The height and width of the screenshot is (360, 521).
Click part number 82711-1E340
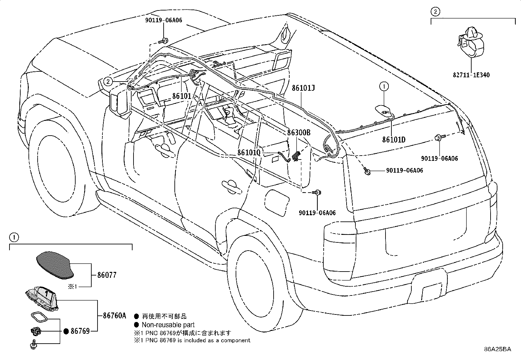(471, 75)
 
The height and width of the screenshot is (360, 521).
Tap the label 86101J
(303, 88)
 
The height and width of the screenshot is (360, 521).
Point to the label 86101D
(394, 140)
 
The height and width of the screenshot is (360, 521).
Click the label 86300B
(298, 133)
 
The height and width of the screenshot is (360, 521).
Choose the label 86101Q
(249, 153)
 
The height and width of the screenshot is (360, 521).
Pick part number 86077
(107, 275)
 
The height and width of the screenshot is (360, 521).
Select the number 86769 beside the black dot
(80, 331)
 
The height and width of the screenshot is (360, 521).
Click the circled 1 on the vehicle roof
(384, 86)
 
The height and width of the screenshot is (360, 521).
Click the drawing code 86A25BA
(497, 349)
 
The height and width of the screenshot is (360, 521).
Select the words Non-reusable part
(168, 325)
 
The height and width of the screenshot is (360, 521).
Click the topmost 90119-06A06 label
(164, 20)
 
